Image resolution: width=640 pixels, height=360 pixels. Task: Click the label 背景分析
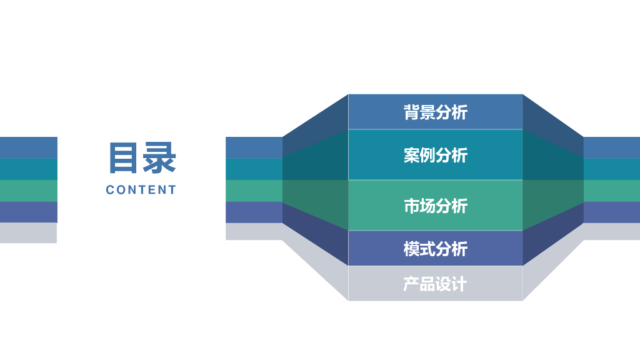pos(435,112)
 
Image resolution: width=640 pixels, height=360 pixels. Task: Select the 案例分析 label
pos(435,155)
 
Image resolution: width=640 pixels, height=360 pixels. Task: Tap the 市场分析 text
pos(435,206)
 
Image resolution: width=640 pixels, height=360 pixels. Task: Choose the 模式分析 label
pos(435,249)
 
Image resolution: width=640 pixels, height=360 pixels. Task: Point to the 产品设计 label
pos(435,284)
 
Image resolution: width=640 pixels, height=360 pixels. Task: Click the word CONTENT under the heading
pos(141,190)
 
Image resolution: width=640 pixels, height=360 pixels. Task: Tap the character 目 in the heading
pos(123,157)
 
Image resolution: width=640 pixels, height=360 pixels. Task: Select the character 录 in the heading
pos(159,157)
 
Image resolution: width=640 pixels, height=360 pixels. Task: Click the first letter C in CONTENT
pos(110,190)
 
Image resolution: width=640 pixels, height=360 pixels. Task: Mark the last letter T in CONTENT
pos(172,190)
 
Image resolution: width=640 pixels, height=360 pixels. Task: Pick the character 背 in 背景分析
pos(411,112)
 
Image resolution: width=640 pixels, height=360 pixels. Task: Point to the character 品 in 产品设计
pos(427,284)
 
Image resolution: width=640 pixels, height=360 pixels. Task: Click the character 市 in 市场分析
pos(411,206)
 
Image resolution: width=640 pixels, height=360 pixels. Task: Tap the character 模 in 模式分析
pos(411,249)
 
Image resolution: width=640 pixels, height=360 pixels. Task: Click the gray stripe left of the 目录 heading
pos(28,232)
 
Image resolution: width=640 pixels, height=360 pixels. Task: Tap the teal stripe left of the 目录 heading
pos(28,169)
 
